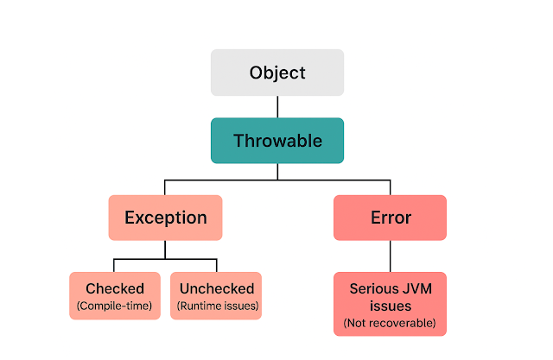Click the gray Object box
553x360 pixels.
pyautogui.click(x=277, y=73)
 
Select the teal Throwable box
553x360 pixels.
pyautogui.click(x=277, y=141)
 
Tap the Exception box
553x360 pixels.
pyautogui.click(x=165, y=218)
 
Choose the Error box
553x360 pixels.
pyautogui.click(x=390, y=218)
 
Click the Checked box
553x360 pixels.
pyautogui.click(x=115, y=295)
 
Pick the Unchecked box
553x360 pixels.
pyautogui.click(x=215, y=295)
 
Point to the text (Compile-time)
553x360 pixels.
pyautogui.click(x=115, y=305)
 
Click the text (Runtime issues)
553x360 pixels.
pyautogui.click(x=215, y=305)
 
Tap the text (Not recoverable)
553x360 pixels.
pyautogui.click(x=390, y=323)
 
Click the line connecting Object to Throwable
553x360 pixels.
pyautogui.click(x=277, y=106)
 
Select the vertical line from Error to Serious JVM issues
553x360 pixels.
pyautogui.click(x=390, y=256)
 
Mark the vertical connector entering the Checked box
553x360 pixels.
pyautogui.click(x=114, y=265)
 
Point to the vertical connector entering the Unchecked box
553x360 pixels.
pyautogui.click(x=216, y=265)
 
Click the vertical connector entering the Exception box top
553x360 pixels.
pyautogui.click(x=165, y=187)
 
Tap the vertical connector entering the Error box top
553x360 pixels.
pyautogui.click(x=390, y=187)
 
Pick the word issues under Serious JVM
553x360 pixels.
pyautogui.click(x=390, y=306)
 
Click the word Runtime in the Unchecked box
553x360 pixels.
pyautogui.click(x=201, y=305)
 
